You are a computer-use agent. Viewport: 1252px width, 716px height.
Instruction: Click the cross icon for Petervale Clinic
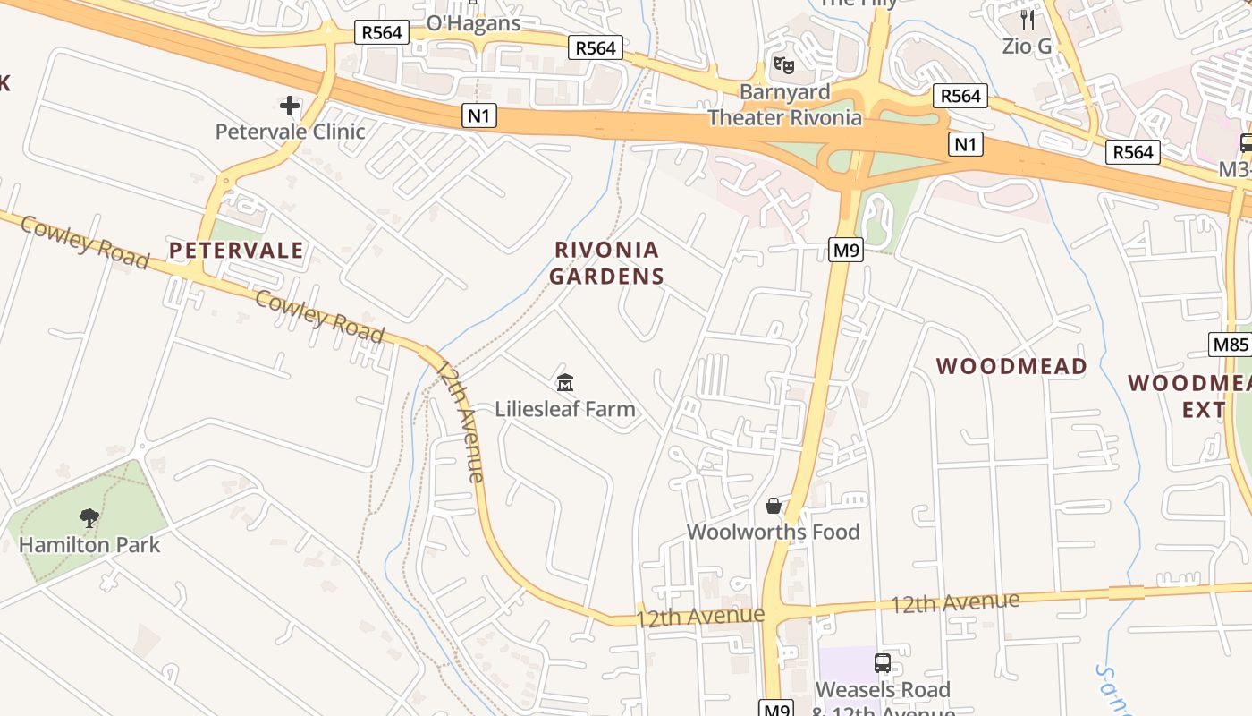[x=290, y=107]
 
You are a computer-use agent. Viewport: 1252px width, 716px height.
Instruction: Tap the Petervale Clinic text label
[x=290, y=132]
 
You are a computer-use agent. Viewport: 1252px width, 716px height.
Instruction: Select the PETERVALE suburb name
[x=237, y=251]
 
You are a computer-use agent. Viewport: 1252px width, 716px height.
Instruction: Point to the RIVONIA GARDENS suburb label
[x=607, y=263]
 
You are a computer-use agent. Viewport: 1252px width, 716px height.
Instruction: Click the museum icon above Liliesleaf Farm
[x=564, y=384]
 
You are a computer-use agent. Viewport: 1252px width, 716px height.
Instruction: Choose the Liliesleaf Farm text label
[x=565, y=409]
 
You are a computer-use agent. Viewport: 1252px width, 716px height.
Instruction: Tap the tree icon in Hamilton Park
[x=89, y=517]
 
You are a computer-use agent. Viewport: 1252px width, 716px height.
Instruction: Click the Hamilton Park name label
[x=89, y=544]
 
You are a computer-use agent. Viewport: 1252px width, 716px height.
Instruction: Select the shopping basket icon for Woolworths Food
[x=774, y=507]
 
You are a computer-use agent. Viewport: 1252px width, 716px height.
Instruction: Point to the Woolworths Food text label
[x=773, y=532]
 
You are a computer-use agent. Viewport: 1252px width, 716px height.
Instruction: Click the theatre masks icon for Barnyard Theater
[x=784, y=65]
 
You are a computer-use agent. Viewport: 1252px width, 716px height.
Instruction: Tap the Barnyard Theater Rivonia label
[x=785, y=105]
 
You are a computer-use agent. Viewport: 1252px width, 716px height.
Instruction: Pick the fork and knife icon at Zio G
[x=1027, y=19]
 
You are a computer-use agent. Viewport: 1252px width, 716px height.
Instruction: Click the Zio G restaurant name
[x=1027, y=47]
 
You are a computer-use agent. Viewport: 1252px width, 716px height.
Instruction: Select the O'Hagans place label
[x=473, y=24]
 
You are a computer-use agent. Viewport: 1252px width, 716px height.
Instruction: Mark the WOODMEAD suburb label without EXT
[x=1011, y=366]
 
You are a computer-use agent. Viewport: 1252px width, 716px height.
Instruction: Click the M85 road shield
[x=1231, y=344]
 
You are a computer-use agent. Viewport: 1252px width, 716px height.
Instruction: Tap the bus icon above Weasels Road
[x=883, y=663]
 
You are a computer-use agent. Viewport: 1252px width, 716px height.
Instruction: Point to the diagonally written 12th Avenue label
[x=461, y=421]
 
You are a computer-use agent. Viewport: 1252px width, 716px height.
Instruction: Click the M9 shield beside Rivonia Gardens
[x=846, y=251]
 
